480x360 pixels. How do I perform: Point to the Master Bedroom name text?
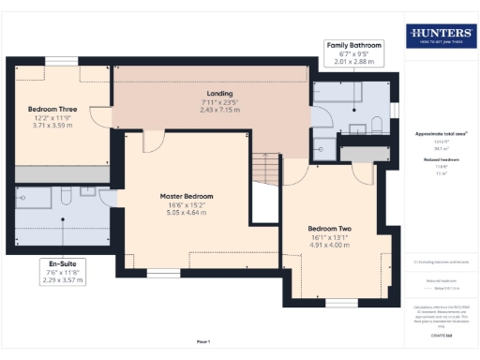(186, 196)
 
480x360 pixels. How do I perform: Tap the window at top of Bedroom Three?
(61, 62)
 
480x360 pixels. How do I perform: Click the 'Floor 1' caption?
(202, 341)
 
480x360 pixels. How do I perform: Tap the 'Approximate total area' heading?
(441, 134)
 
